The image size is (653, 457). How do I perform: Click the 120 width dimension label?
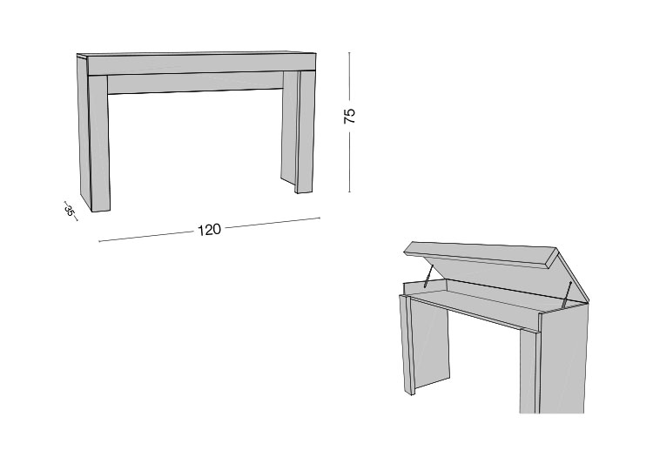(209, 230)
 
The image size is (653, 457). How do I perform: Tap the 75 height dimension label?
(350, 116)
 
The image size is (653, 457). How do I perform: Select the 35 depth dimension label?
(70, 211)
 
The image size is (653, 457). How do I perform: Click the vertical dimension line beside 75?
(349, 123)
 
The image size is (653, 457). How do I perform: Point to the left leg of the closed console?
(94, 133)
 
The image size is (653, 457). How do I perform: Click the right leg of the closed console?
(298, 131)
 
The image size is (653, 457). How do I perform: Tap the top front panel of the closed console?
(201, 64)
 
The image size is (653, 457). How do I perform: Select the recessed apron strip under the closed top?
(195, 83)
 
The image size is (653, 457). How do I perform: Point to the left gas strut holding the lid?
(429, 276)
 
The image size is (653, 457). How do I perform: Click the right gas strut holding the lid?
(567, 295)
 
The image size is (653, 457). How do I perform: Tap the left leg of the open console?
(424, 344)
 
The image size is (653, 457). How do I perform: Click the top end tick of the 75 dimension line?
(349, 53)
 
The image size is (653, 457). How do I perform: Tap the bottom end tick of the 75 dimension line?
(349, 192)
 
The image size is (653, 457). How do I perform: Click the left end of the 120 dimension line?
(99, 240)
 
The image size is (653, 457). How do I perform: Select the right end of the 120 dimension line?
(320, 218)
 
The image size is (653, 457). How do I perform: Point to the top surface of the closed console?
(196, 54)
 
